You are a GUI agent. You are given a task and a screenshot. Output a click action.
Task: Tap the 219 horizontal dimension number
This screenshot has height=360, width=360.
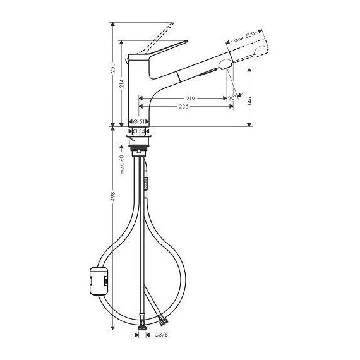[x=190, y=99]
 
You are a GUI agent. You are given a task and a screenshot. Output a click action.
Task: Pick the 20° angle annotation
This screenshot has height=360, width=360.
[x=231, y=98]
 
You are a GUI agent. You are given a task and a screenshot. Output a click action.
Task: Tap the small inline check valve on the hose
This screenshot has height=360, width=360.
[x=147, y=183]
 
